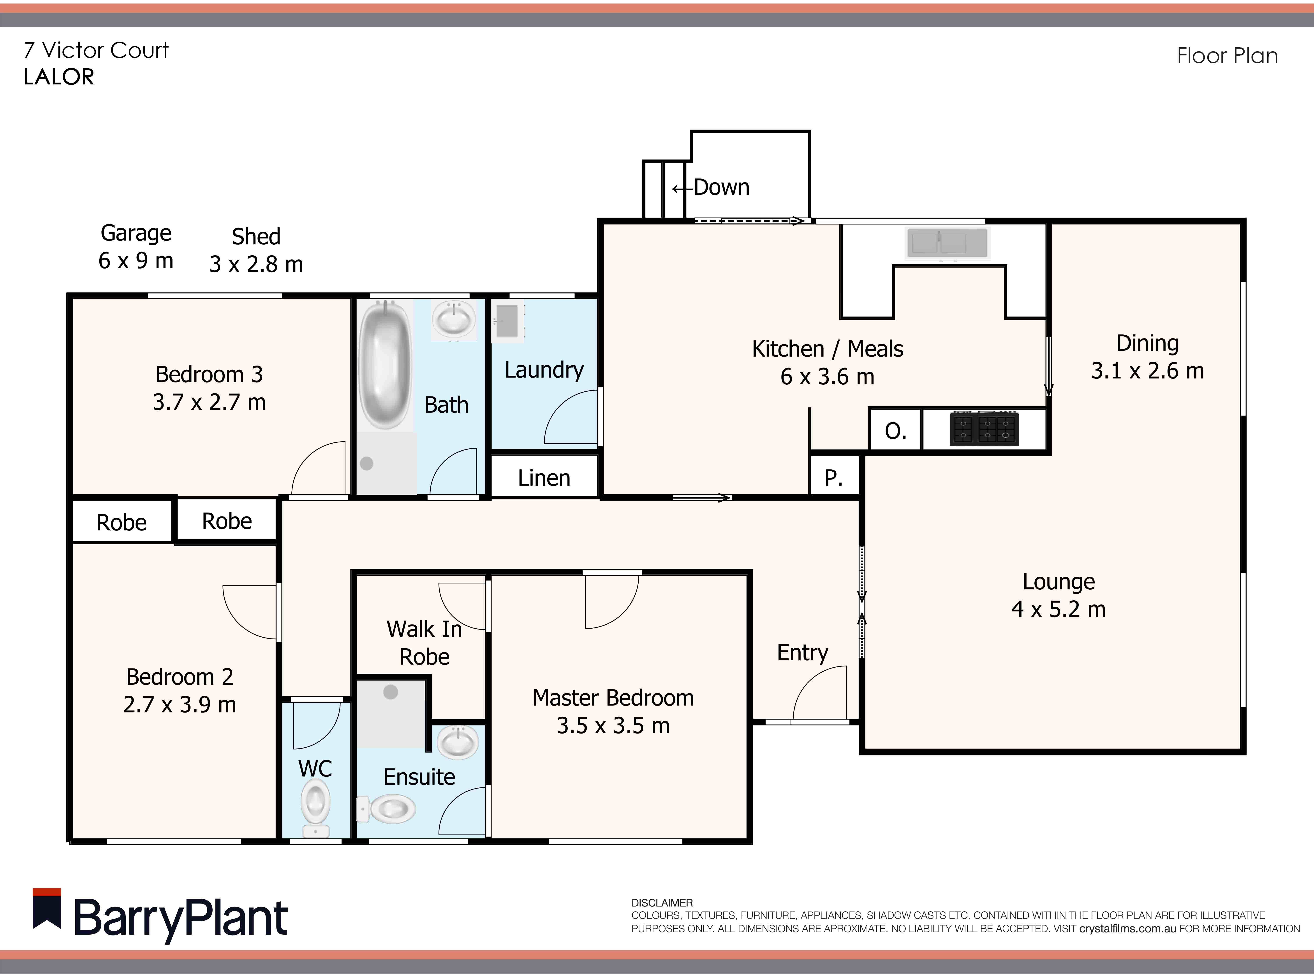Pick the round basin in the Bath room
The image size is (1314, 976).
coord(454,319)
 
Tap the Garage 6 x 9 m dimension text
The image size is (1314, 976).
coord(136,260)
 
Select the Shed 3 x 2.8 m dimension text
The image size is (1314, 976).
coord(256,264)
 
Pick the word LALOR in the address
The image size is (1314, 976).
coord(59,77)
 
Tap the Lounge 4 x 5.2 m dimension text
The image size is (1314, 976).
coord(1058,609)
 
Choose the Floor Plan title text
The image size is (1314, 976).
coord(1227,56)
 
